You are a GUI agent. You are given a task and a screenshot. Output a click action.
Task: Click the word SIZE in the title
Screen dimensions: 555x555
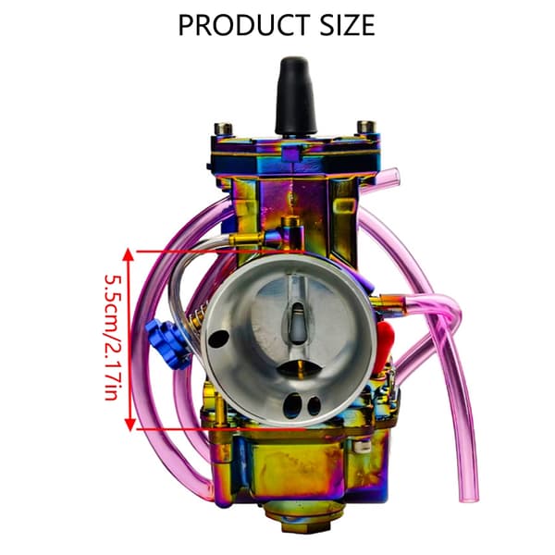[347, 25]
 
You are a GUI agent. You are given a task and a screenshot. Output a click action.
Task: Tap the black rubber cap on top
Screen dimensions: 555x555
[296, 95]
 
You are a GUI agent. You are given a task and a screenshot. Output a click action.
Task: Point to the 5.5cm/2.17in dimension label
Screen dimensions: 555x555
[114, 337]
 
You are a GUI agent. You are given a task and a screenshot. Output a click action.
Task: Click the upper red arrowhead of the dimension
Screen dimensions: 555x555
[129, 255]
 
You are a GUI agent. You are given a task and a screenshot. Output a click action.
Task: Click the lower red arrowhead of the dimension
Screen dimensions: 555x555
[129, 424]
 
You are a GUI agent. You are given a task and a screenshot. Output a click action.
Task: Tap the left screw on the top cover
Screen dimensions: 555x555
[223, 128]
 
